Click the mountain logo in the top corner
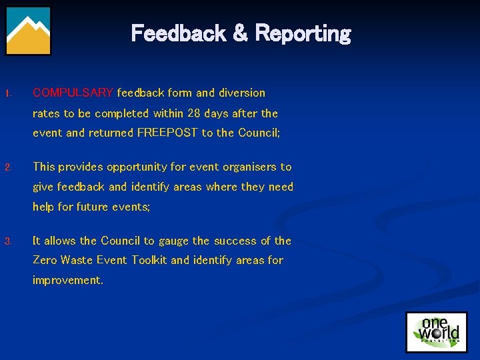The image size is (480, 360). [29, 31]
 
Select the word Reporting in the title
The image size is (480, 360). [303, 33]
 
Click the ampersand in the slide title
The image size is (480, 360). [238, 33]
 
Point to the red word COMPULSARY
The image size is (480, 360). [73, 93]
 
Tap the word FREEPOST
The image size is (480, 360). [167, 133]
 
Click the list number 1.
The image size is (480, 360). [8, 93]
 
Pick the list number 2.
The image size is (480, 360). [8, 167]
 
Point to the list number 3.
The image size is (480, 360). [8, 241]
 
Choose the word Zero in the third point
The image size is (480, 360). [45, 260]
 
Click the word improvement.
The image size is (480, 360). [67, 280]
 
